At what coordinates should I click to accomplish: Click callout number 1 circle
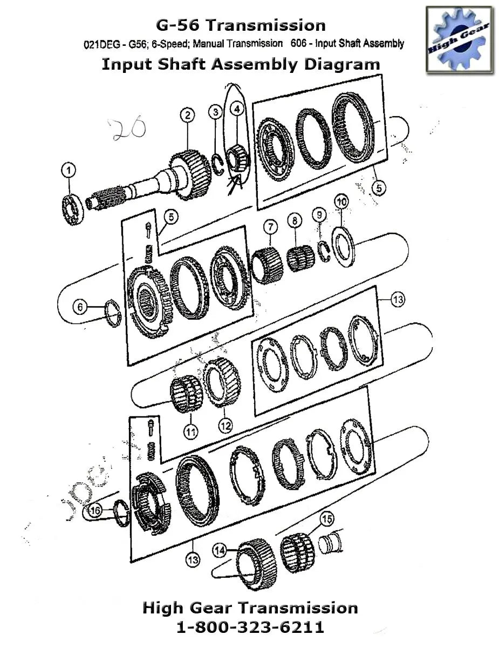click(69, 171)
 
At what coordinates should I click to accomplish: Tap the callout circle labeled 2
click(187, 115)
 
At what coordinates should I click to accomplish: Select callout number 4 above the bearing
click(236, 109)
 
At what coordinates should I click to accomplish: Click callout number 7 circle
click(270, 226)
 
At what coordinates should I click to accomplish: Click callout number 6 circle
click(80, 307)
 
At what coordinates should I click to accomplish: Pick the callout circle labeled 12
click(225, 426)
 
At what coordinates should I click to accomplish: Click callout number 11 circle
click(190, 431)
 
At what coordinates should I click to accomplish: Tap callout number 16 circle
click(95, 511)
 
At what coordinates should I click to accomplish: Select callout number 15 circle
click(327, 519)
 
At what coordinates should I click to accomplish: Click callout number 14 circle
click(219, 550)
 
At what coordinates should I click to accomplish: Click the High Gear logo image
click(459, 39)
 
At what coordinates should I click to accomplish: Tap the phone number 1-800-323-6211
click(250, 627)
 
